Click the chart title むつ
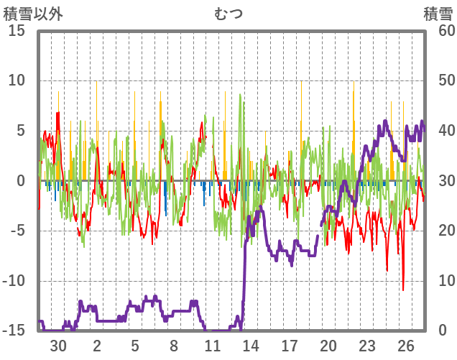point(228,13)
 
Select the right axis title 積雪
point(437,13)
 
